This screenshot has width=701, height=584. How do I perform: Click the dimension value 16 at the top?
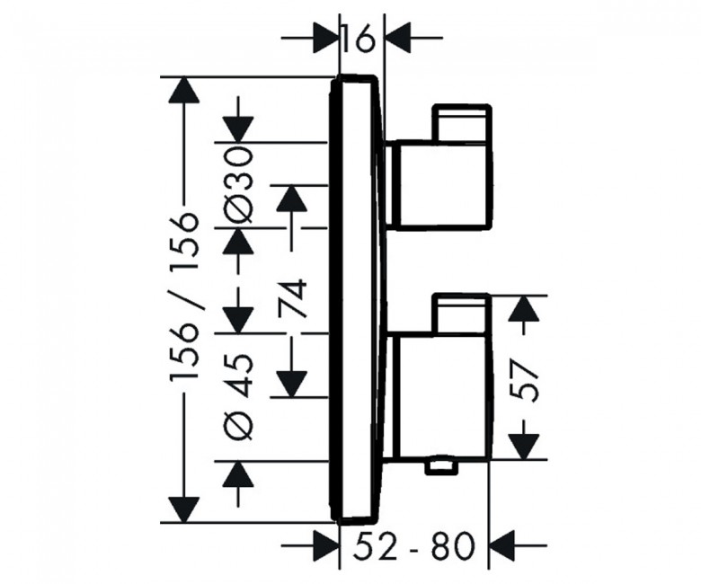coord(358,39)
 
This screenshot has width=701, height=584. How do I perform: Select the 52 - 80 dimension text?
coord(413,546)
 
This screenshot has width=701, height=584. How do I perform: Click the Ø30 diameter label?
coord(239,185)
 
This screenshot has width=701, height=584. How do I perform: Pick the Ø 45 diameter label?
coord(239,395)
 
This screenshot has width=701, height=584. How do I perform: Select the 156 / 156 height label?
coord(183,296)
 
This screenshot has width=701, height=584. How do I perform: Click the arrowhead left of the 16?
coord(325,39)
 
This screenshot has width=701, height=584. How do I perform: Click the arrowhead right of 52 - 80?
coord(503,545)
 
